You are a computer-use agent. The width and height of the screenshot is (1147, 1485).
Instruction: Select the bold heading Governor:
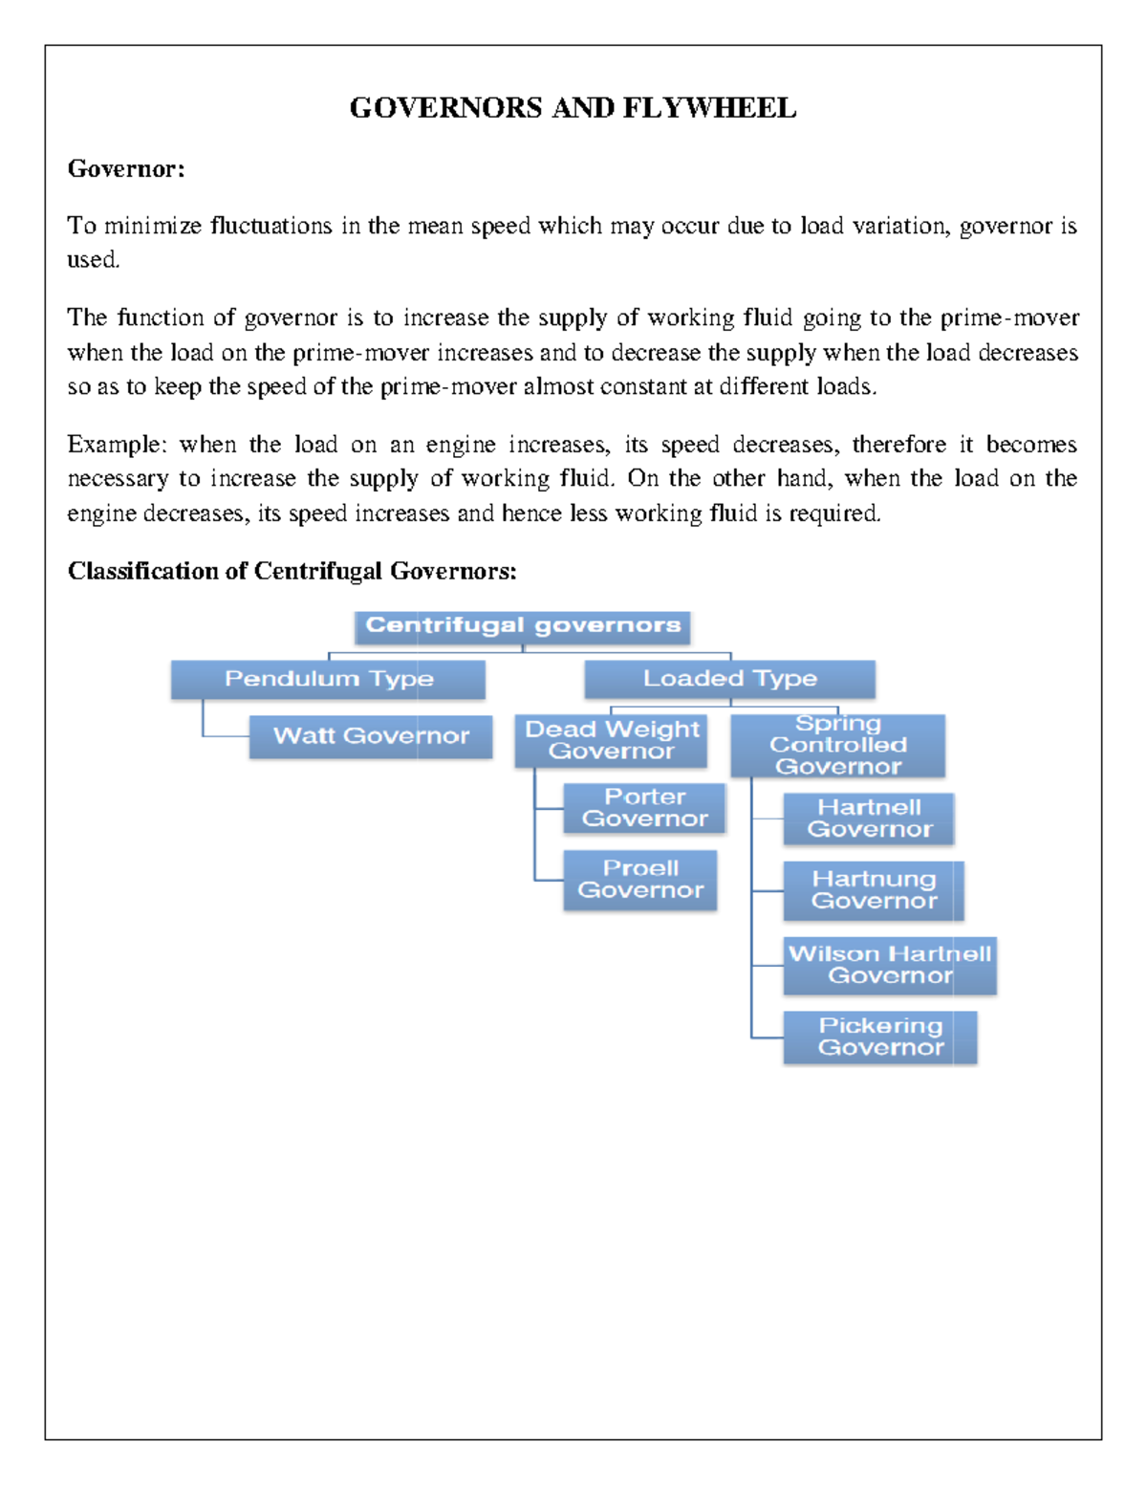pos(125,169)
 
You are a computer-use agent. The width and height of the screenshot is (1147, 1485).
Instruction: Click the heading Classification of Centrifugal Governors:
pos(292,571)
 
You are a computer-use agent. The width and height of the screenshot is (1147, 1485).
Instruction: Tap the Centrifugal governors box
pos(523,626)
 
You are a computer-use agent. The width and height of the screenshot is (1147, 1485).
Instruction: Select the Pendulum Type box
pos(328,680)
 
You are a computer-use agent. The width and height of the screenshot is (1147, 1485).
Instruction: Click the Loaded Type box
pos(729,679)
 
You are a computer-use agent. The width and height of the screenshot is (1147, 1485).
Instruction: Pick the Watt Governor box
pos(371,736)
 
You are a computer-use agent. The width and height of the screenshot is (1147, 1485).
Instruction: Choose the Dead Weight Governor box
pos(611,740)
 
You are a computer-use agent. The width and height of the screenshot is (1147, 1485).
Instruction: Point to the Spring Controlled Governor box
pos(837,745)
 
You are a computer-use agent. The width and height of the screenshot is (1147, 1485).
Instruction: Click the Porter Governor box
pos(644,808)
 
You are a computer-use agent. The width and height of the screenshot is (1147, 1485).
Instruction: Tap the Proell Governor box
pos(639,880)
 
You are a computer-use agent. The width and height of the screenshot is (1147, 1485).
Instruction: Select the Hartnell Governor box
pos(868,819)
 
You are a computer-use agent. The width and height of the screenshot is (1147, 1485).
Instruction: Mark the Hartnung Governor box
pos(873,890)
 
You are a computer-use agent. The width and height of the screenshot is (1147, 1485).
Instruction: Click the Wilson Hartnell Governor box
pos(889,965)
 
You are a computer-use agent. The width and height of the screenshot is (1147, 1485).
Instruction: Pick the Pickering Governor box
pos(879,1037)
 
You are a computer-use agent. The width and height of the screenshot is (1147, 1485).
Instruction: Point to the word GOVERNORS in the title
pos(445,108)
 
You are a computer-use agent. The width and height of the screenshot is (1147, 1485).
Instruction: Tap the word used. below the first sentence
pos(93,260)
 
